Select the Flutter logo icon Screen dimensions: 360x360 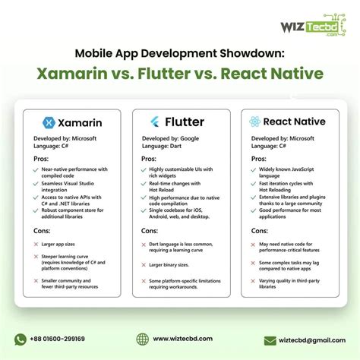(155, 121)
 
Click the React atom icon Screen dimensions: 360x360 (255, 121)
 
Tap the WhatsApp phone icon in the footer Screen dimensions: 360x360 (21, 339)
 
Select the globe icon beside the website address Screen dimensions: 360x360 (142, 339)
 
